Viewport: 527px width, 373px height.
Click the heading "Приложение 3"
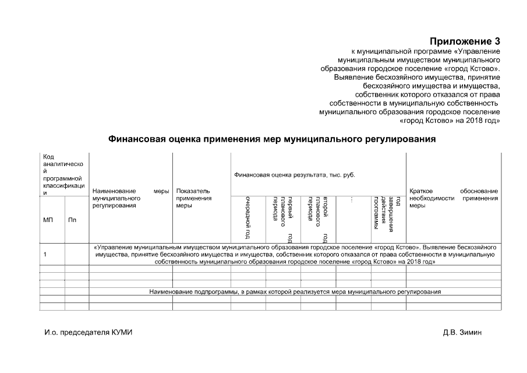pyautogui.click(x=465, y=41)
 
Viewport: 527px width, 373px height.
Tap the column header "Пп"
pyautogui.click(x=72, y=220)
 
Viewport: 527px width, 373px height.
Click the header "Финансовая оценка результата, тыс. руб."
pyautogui.click(x=294, y=175)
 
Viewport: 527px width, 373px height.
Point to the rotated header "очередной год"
pyautogui.click(x=248, y=218)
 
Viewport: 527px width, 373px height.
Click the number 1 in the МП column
pyautogui.click(x=45, y=254)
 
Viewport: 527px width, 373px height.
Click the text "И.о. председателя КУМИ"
pyautogui.click(x=89, y=332)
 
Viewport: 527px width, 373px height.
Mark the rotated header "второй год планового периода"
pyautogui.click(x=318, y=218)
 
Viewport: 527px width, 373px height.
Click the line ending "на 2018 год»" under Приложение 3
pyautogui.click(x=451, y=120)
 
